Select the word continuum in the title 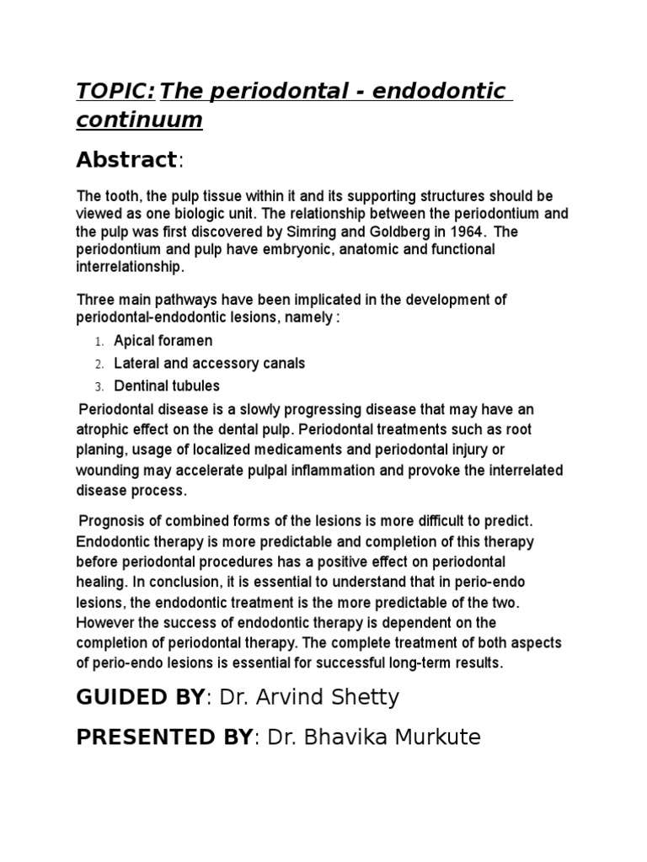pyautogui.click(x=139, y=120)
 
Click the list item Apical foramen pyautogui.click(x=163, y=341)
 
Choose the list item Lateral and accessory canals pyautogui.click(x=210, y=364)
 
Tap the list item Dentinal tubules pyautogui.click(x=167, y=386)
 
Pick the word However pyautogui.click(x=104, y=623)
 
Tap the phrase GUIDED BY pyautogui.click(x=141, y=697)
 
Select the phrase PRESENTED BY pyautogui.click(x=164, y=737)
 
